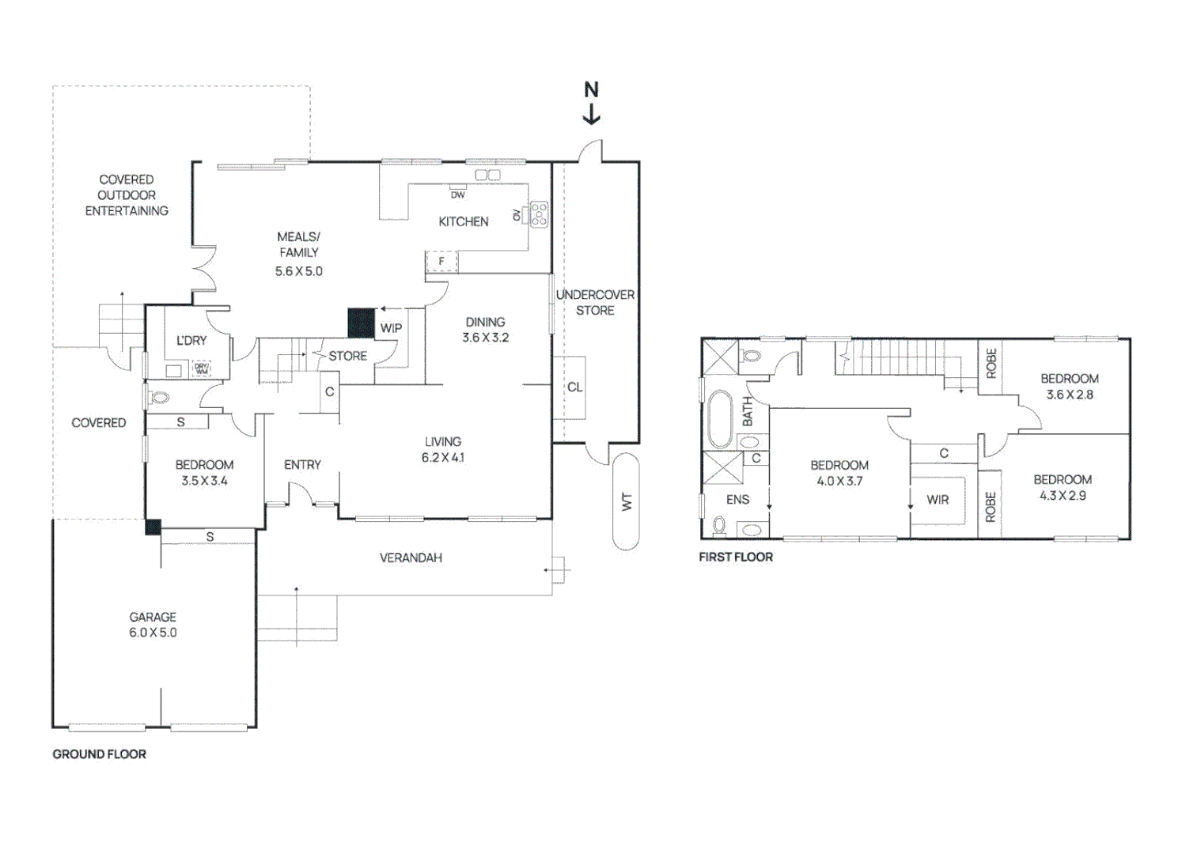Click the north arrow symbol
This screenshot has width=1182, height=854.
591,104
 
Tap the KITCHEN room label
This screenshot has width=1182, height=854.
464,222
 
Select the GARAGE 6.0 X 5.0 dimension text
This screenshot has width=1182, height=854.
153,633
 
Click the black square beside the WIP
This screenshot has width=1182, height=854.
362,323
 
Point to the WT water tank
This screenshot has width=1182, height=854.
626,501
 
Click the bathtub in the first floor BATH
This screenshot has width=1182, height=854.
719,419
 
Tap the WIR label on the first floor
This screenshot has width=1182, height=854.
938,500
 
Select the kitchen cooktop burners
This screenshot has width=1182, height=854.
539,214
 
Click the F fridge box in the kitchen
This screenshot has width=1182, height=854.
441,261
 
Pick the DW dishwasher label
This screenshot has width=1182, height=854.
458,195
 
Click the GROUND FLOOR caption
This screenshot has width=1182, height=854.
100,754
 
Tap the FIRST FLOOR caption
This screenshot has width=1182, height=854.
736,557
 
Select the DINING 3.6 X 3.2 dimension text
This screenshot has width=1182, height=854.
486,338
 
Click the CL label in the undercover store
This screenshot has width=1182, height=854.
574,387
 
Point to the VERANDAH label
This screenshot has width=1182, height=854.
411,558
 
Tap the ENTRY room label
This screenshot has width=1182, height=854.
302,465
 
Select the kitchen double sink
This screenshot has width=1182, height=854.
487,175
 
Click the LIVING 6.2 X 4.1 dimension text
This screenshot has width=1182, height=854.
443,458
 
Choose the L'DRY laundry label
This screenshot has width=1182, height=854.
191,341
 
